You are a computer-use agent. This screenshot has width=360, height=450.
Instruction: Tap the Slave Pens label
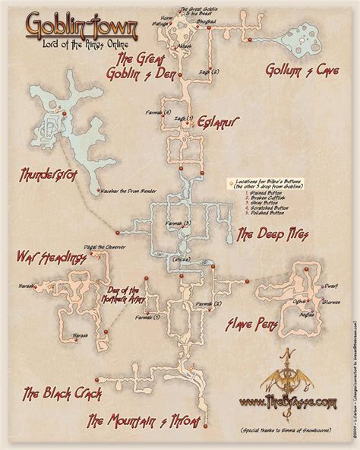(x=248, y=325)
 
